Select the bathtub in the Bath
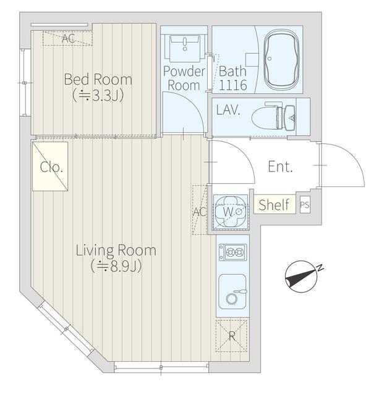coord(281,60)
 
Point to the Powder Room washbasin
coord(185,48)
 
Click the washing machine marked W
coord(231,212)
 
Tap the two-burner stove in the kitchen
coord(232,252)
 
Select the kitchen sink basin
coord(232,292)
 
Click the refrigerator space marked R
coord(232,335)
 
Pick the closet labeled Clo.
coord(50,166)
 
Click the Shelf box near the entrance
coord(274,204)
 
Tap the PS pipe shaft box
coord(305,205)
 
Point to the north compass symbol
coord(302,276)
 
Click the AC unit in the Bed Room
coord(67,38)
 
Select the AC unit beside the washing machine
coord(200,210)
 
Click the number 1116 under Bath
coord(232,85)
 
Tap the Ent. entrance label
coord(280,167)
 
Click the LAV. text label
coord(228,110)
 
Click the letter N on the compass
coord(320,268)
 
